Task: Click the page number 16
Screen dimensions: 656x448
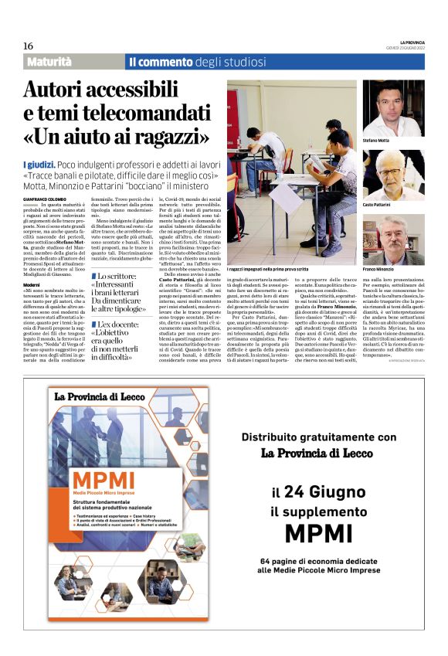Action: pos(28,46)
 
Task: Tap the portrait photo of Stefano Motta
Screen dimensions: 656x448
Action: pos(393,107)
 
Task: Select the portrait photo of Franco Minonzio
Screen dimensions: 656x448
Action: pos(393,240)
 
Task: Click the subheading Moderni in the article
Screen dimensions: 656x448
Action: pos(32,263)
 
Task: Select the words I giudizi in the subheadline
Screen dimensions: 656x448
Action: pos(39,163)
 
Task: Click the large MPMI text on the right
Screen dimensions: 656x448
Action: pos(316,533)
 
